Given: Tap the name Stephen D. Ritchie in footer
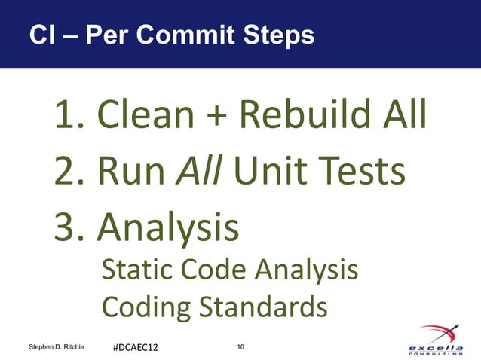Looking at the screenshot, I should pyautogui.click(x=56, y=346).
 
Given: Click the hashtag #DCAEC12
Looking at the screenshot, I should pyautogui.click(x=136, y=347).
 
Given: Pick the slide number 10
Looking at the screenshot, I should pyautogui.click(x=240, y=346).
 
